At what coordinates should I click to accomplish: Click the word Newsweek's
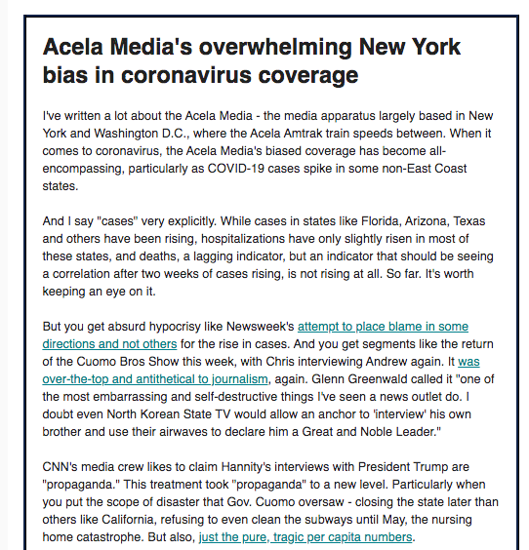259,326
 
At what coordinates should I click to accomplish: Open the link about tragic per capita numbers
305,536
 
